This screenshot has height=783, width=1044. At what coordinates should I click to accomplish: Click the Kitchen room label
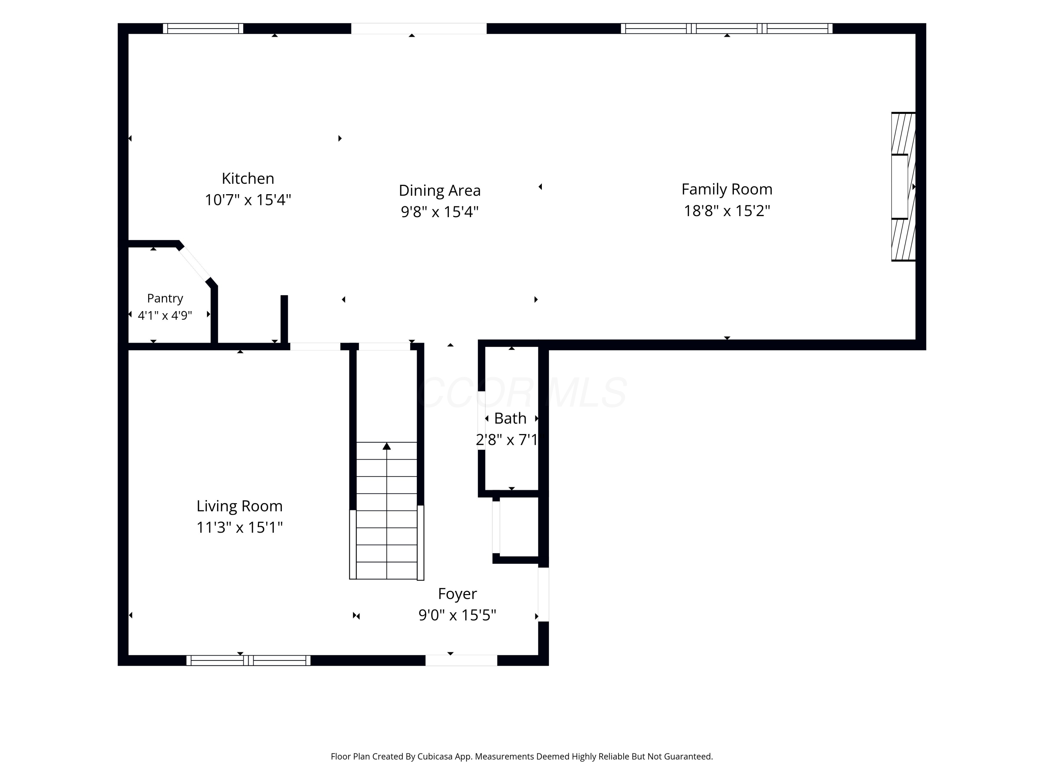click(x=248, y=179)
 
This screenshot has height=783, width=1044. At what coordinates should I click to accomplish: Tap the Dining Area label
click(x=440, y=190)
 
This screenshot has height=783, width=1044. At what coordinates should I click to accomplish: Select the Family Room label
click(x=727, y=189)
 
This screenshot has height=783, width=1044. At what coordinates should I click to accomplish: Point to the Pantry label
click(x=165, y=298)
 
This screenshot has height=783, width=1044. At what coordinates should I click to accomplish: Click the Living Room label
click(x=239, y=506)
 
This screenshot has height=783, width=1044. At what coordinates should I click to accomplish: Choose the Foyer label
click(x=457, y=594)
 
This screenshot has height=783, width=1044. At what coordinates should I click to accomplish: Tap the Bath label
click(x=510, y=418)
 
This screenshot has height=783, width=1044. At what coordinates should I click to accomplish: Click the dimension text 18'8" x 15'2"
click(x=727, y=211)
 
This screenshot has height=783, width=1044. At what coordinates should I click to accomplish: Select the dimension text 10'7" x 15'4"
click(x=248, y=200)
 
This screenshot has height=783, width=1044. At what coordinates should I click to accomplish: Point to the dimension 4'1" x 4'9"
click(x=165, y=315)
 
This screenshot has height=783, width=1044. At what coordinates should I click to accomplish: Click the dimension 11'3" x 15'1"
click(x=239, y=527)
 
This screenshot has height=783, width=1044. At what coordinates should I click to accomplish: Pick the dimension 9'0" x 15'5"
click(x=457, y=615)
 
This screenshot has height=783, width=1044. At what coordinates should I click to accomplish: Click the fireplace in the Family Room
click(x=903, y=187)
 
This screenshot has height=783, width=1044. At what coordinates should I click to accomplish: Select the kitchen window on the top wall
click(x=203, y=28)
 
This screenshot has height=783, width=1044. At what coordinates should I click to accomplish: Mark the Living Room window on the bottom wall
click(x=248, y=660)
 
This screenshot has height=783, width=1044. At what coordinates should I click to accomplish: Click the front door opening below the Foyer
click(x=461, y=660)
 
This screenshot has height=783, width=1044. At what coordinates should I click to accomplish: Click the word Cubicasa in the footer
click(x=435, y=757)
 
